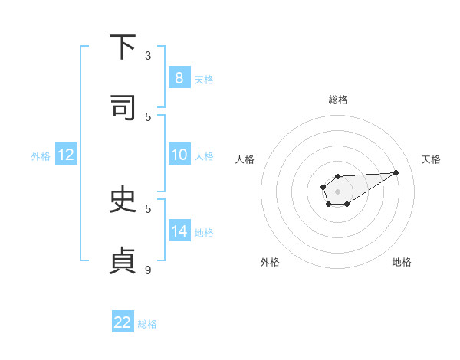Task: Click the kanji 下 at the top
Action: click(122, 48)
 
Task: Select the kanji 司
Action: click(122, 108)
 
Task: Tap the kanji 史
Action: click(122, 200)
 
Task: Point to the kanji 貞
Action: click(122, 260)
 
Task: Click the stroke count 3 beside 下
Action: click(148, 55)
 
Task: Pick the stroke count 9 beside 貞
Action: click(148, 269)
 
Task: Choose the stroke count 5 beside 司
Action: click(148, 116)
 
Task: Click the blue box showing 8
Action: click(179, 78)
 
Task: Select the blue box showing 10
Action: click(179, 155)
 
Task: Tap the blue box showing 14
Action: click(179, 231)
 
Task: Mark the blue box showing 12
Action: click(65, 155)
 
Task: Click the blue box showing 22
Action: click(123, 322)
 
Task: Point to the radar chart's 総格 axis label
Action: click(338, 100)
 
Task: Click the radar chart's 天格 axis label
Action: click(432, 159)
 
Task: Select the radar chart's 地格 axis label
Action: click(402, 262)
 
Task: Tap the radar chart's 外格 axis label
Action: click(270, 262)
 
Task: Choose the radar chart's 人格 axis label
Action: click(245, 159)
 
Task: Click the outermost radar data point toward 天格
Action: click(396, 172)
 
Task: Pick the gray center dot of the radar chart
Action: click(337, 190)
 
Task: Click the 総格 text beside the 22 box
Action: click(147, 324)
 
